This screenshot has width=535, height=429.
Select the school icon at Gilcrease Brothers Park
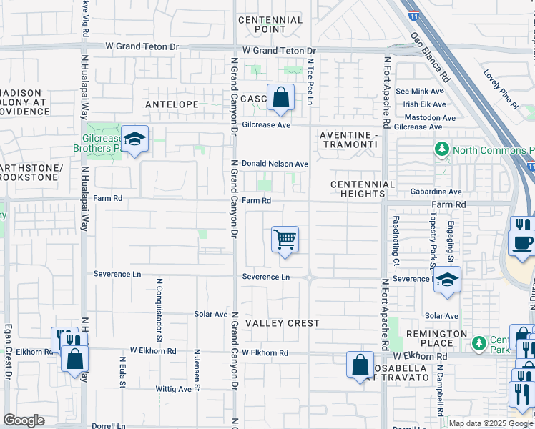(x=134, y=139)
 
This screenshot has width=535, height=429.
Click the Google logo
(x=24, y=420)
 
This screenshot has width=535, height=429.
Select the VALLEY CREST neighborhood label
(x=283, y=323)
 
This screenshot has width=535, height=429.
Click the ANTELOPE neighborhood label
(x=172, y=104)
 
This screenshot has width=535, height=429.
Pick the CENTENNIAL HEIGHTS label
(x=363, y=189)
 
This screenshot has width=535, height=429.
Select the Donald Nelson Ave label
(x=275, y=164)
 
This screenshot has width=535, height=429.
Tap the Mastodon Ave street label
(x=429, y=117)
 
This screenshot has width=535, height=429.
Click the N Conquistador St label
(x=160, y=299)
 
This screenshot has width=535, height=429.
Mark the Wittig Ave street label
(x=174, y=389)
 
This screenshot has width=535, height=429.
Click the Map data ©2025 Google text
(x=491, y=423)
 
